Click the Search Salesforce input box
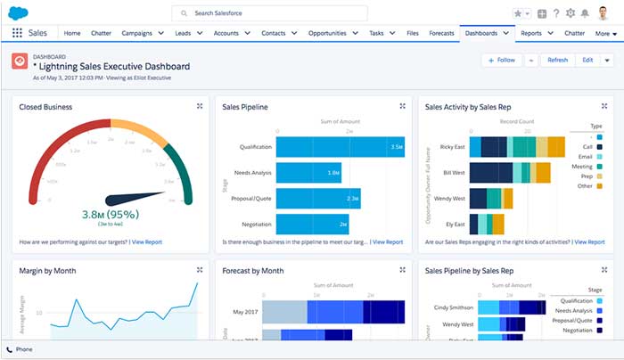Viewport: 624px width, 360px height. (x=268, y=14)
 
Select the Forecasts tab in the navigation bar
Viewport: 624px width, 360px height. (x=441, y=33)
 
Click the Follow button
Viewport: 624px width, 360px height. (x=501, y=60)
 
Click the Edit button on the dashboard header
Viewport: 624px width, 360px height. (x=587, y=60)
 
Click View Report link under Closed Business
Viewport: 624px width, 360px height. (x=149, y=241)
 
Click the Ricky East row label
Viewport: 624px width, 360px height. (x=451, y=146)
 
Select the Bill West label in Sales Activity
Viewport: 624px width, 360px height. (x=452, y=172)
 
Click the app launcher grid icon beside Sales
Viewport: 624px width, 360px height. (x=17, y=33)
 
